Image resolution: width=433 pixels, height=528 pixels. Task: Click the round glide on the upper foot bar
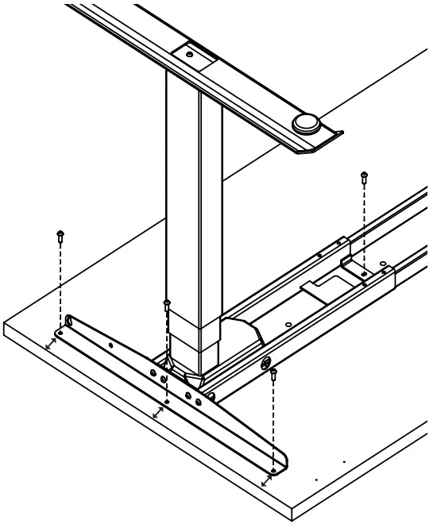click(x=305, y=123)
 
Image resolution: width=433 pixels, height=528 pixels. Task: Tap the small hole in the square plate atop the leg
click(x=190, y=55)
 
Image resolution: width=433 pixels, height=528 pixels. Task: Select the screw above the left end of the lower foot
click(x=60, y=235)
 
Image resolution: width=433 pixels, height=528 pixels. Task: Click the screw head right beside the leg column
click(x=166, y=304)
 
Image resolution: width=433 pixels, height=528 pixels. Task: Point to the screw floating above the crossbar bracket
click(x=364, y=176)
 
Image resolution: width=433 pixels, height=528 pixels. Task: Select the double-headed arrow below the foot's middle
click(x=158, y=413)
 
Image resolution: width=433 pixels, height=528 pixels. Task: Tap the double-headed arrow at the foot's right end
click(x=265, y=481)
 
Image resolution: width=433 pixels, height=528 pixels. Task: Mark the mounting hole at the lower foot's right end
click(x=273, y=470)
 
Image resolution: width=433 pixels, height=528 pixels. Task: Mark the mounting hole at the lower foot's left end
click(x=60, y=330)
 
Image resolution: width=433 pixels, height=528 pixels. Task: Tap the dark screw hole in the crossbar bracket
click(x=364, y=274)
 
